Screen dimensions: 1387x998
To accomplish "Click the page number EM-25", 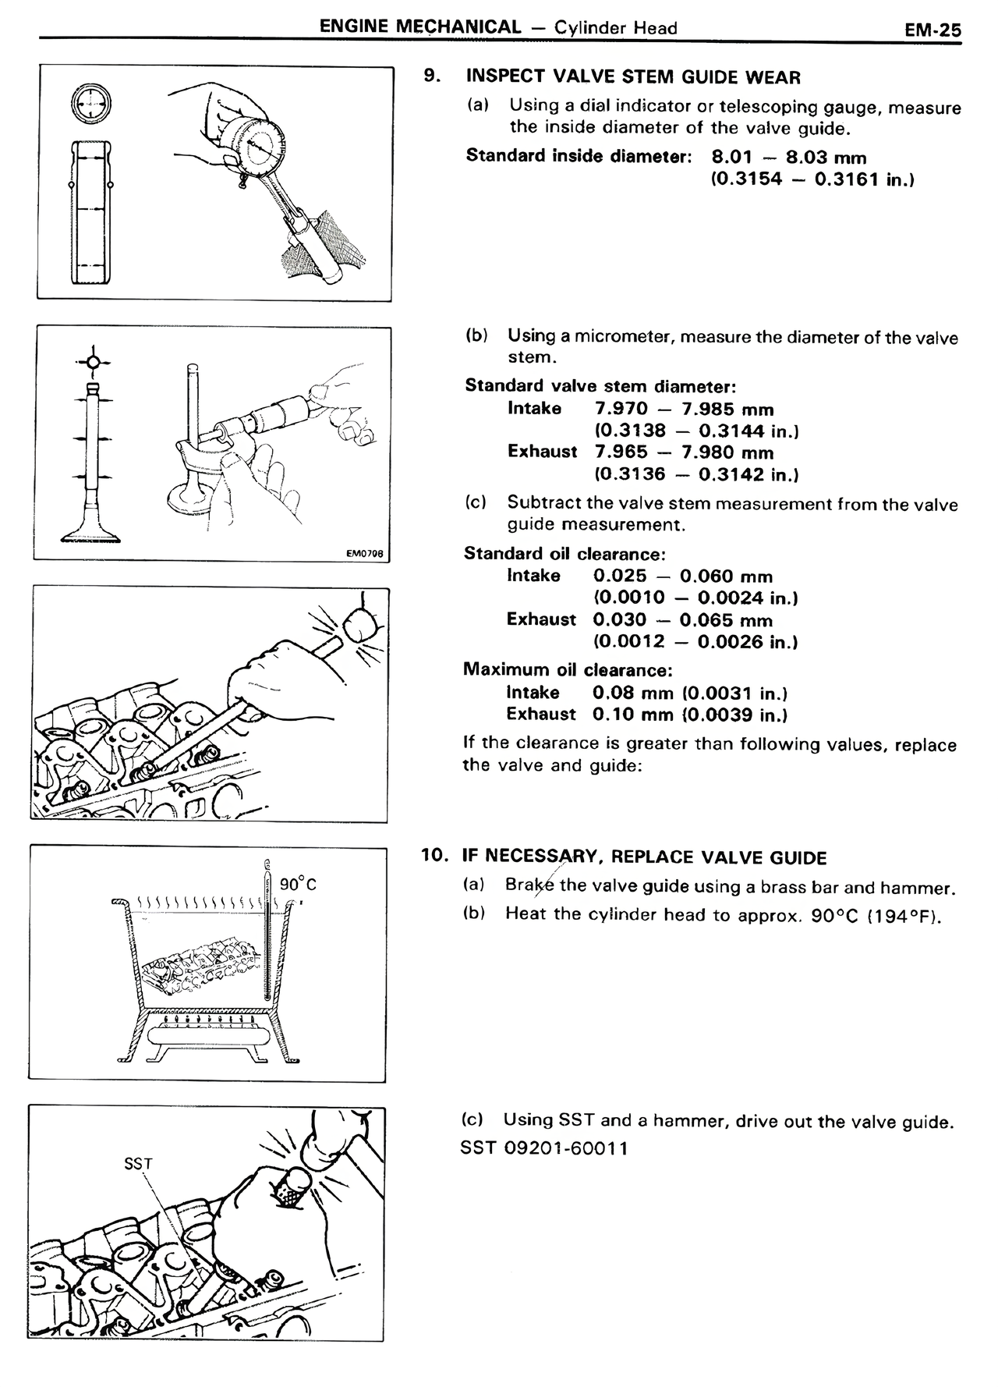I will [933, 30].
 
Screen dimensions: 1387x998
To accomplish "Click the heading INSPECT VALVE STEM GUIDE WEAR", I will [632, 77].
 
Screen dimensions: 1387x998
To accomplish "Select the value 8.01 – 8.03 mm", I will [788, 158].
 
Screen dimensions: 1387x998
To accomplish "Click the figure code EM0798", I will [365, 554].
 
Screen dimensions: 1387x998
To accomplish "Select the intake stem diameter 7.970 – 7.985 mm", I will [684, 410].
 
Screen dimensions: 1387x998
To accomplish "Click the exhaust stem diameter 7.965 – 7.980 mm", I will [684, 452].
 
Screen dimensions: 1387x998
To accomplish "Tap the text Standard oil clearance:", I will [564, 554].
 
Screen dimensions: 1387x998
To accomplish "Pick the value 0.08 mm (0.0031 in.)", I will [689, 693].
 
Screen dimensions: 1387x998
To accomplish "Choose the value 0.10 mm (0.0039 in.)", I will [689, 715].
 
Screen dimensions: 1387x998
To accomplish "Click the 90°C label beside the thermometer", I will [298, 884].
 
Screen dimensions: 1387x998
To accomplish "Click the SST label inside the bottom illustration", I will [139, 1164].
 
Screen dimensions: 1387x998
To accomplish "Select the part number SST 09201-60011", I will [544, 1148].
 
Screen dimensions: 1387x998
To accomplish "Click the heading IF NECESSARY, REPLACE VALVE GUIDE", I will [644, 858].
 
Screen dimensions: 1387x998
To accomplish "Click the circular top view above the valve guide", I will [90, 103].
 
